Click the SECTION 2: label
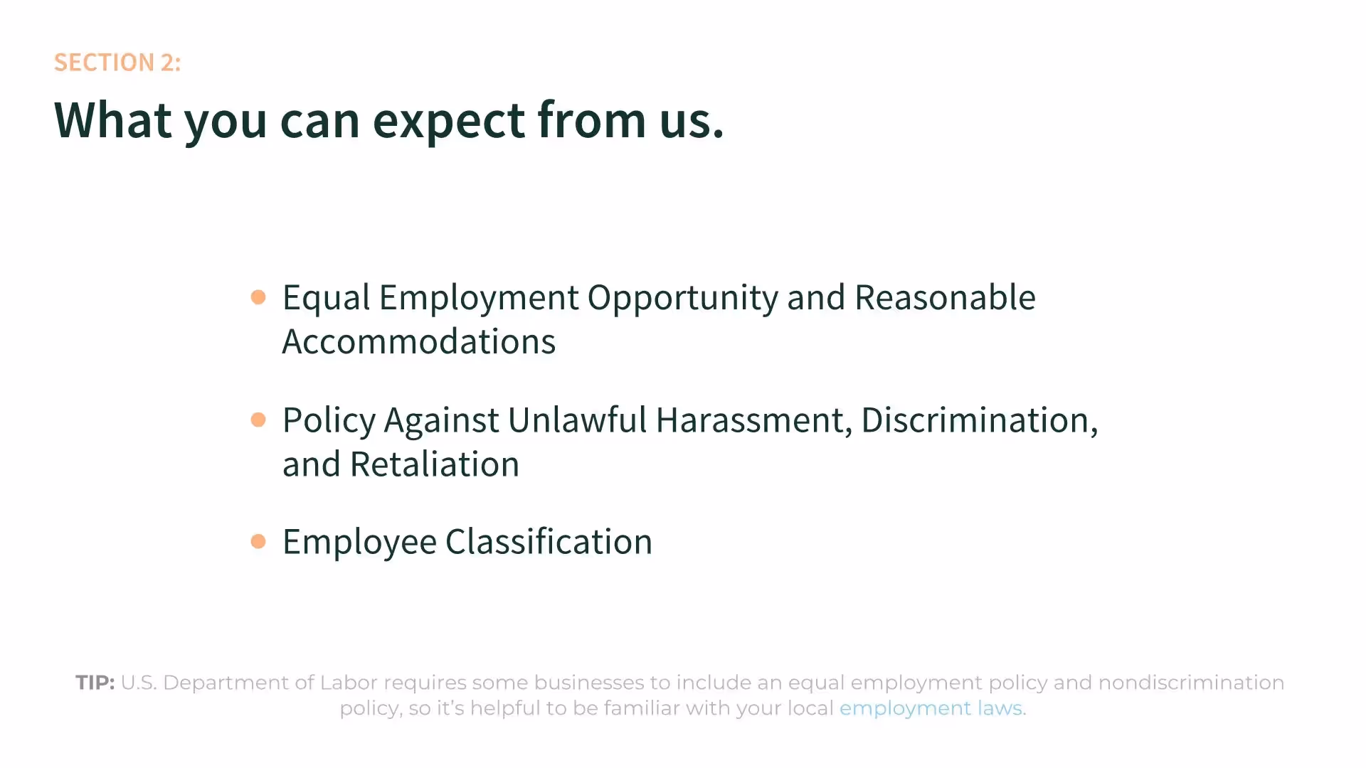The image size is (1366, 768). point(117,63)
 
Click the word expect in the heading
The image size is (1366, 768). point(448,121)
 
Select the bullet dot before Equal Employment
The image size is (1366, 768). point(258,297)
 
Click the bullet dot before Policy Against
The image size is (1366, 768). point(258,420)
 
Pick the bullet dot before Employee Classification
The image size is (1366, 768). point(258,542)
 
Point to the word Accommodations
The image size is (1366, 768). point(418,342)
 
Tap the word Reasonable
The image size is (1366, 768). point(945,297)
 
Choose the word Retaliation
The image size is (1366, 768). point(435,464)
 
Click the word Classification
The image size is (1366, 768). point(549,542)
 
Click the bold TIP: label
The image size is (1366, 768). point(95,683)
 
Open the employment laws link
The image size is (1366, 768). point(931,708)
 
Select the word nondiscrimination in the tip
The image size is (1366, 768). point(1191,683)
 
